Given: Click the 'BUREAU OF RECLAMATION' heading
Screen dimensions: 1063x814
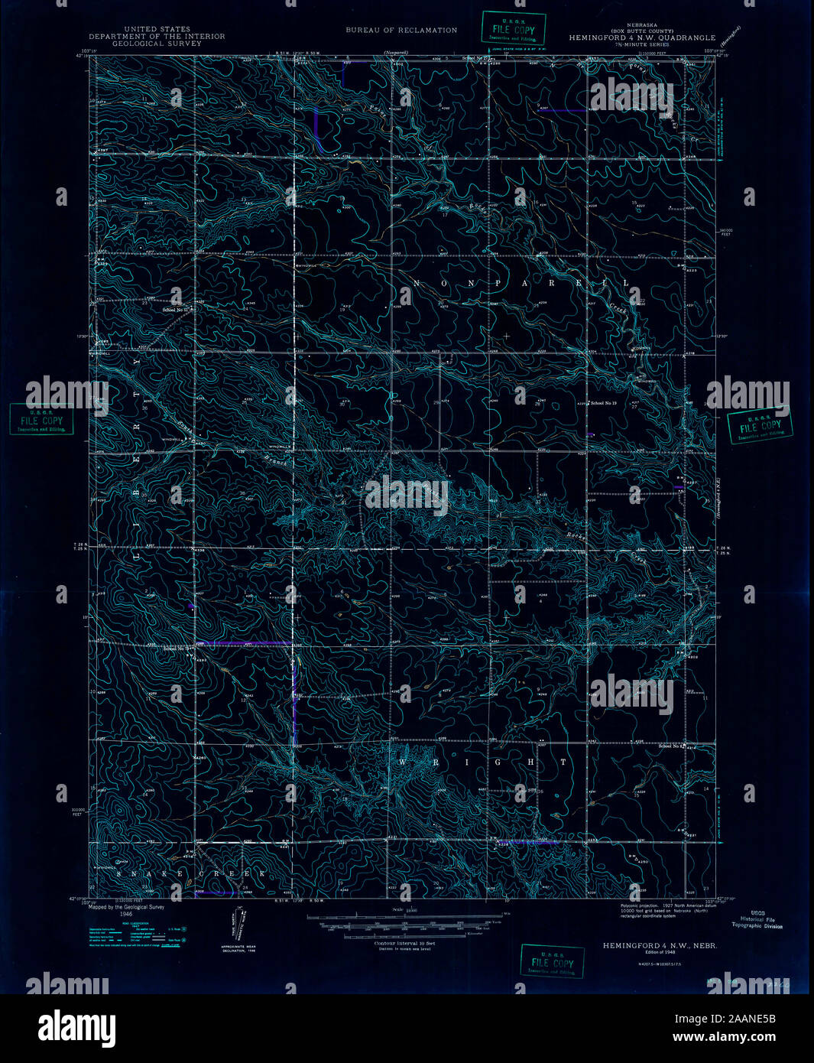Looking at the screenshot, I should point(401,31).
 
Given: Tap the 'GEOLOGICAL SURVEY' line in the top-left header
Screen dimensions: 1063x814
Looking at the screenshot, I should point(157,44).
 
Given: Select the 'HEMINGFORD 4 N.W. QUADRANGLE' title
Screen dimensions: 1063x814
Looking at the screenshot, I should point(642,37).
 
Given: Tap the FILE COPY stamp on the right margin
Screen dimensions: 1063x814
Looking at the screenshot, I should point(760,428).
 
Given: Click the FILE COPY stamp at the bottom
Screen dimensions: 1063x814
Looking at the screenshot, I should point(547,961).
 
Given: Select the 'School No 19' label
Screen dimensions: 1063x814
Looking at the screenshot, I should point(603,403).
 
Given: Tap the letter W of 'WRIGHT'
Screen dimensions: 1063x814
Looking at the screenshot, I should point(402,762).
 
